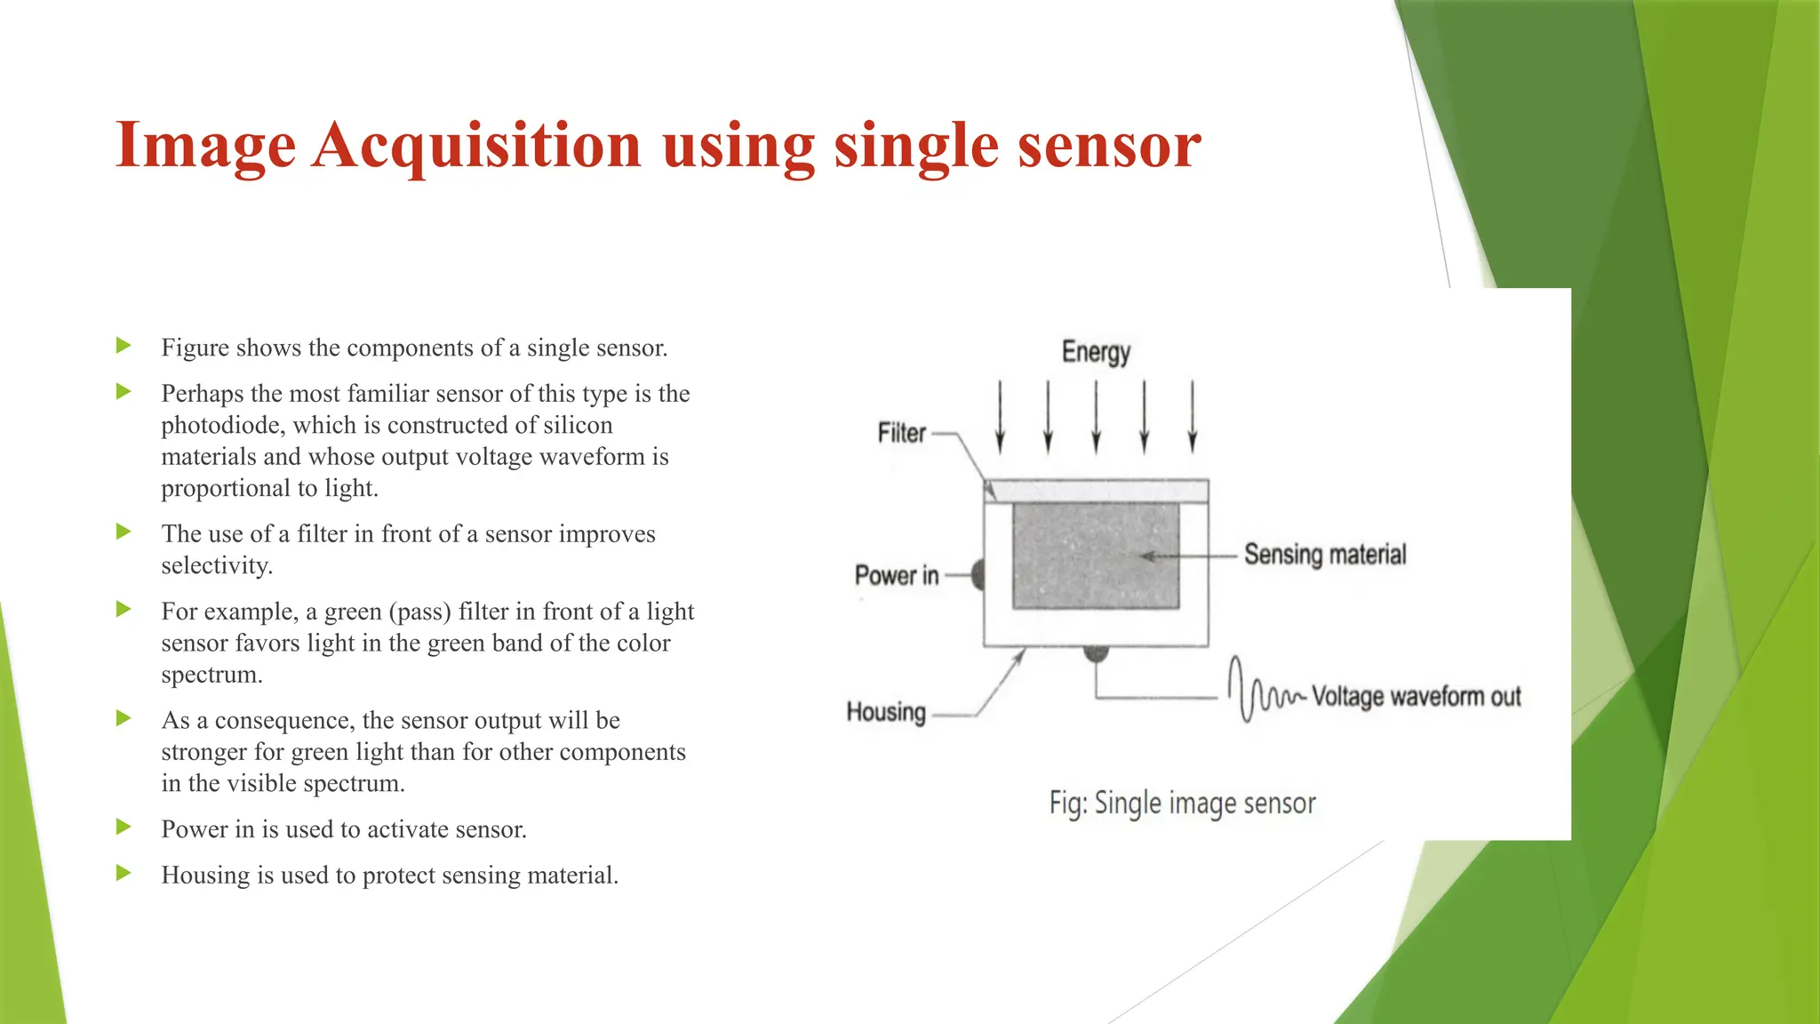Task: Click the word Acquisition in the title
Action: pyautogui.click(x=476, y=145)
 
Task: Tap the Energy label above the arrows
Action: pyautogui.click(x=1096, y=352)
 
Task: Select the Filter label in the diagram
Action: pyautogui.click(x=901, y=433)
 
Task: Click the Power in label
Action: pyautogui.click(x=896, y=575)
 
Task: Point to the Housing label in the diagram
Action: pyautogui.click(x=886, y=712)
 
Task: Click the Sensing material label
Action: pyautogui.click(x=1324, y=555)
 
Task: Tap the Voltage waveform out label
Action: pyautogui.click(x=1416, y=696)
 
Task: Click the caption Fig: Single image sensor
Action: pyautogui.click(x=1182, y=803)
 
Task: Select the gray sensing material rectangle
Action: pyautogui.click(x=1095, y=556)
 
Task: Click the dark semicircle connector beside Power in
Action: pyautogui.click(x=978, y=575)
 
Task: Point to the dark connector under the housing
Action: pyautogui.click(x=1096, y=653)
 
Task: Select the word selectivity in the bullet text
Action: pyautogui.click(x=215, y=565)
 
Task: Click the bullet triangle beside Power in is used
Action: pyautogui.click(x=124, y=828)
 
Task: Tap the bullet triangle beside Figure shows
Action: pyautogui.click(x=124, y=345)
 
